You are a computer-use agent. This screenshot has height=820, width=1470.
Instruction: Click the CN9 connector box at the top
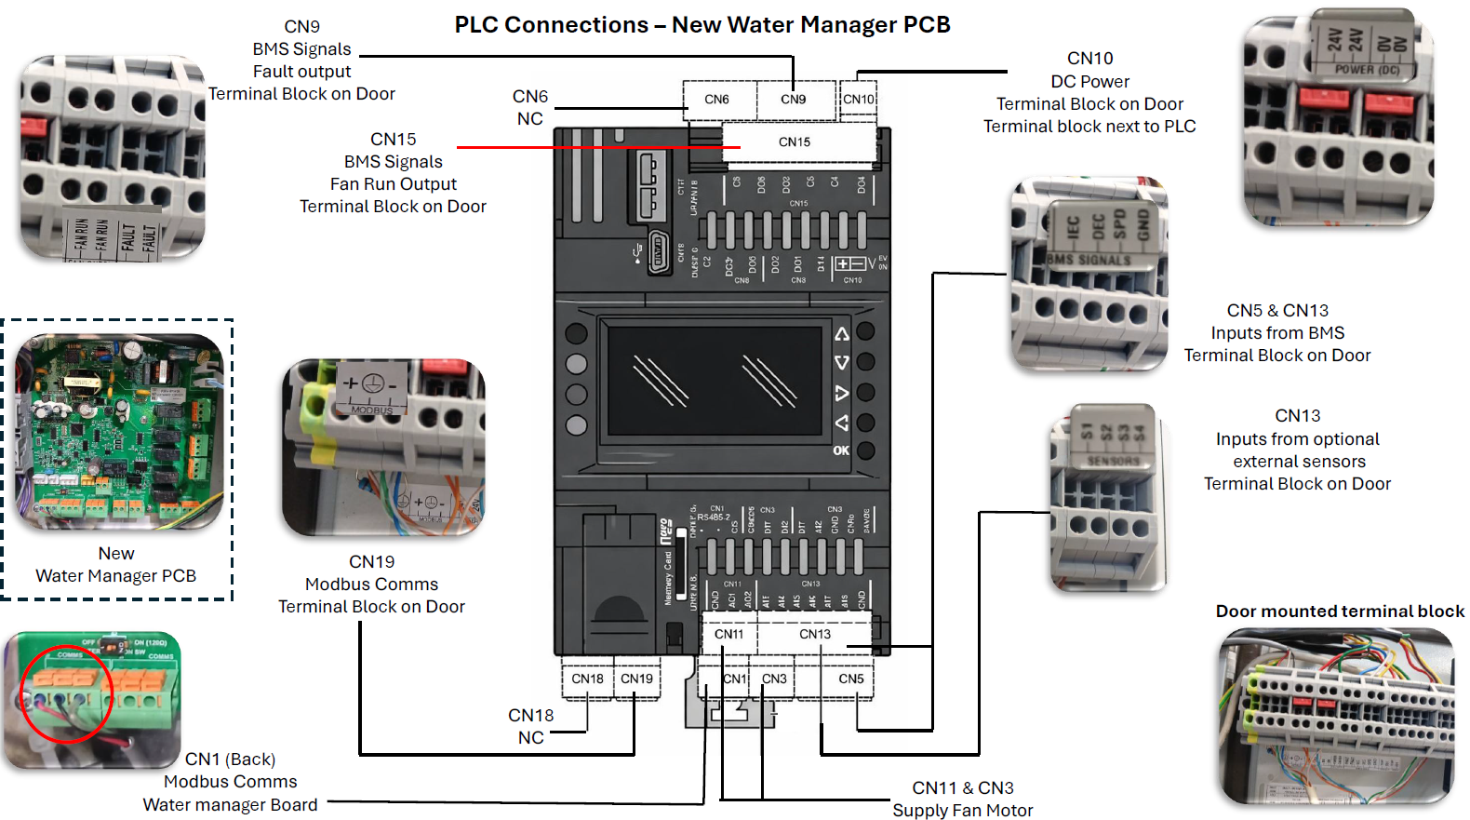(x=794, y=100)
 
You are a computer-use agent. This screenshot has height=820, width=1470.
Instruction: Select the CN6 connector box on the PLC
(x=717, y=100)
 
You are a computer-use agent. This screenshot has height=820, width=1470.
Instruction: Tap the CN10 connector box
(x=859, y=100)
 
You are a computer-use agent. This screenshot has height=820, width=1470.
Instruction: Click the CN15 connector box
(x=795, y=142)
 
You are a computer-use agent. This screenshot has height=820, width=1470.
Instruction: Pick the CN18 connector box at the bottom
(x=587, y=679)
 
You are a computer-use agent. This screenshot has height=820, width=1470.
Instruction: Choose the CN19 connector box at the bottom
(x=637, y=679)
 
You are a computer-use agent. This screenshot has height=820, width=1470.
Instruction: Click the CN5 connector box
(x=850, y=679)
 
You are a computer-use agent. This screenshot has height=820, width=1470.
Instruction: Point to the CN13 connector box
(x=815, y=635)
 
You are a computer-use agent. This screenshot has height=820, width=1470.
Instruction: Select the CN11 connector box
(x=729, y=635)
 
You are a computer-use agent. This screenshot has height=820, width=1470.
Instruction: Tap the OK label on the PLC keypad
(x=841, y=450)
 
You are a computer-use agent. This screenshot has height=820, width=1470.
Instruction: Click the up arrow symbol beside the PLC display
(x=841, y=333)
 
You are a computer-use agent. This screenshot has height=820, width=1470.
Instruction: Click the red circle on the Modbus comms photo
(x=67, y=693)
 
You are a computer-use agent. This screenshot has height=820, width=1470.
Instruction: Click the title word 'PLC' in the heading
(x=476, y=25)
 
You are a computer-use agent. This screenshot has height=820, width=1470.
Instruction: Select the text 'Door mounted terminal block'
(x=1340, y=612)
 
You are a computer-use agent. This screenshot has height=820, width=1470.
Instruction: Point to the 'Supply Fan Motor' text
(x=963, y=811)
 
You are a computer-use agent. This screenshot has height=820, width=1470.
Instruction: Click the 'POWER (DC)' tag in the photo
(x=1367, y=70)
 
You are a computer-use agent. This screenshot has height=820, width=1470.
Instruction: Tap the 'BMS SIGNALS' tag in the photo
(x=1089, y=260)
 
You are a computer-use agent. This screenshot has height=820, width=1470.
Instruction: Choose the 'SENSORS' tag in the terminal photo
(x=1113, y=461)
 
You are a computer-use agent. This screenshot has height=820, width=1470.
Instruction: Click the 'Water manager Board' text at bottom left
(x=230, y=805)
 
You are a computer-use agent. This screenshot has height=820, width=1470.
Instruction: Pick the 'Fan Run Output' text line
(x=394, y=184)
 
